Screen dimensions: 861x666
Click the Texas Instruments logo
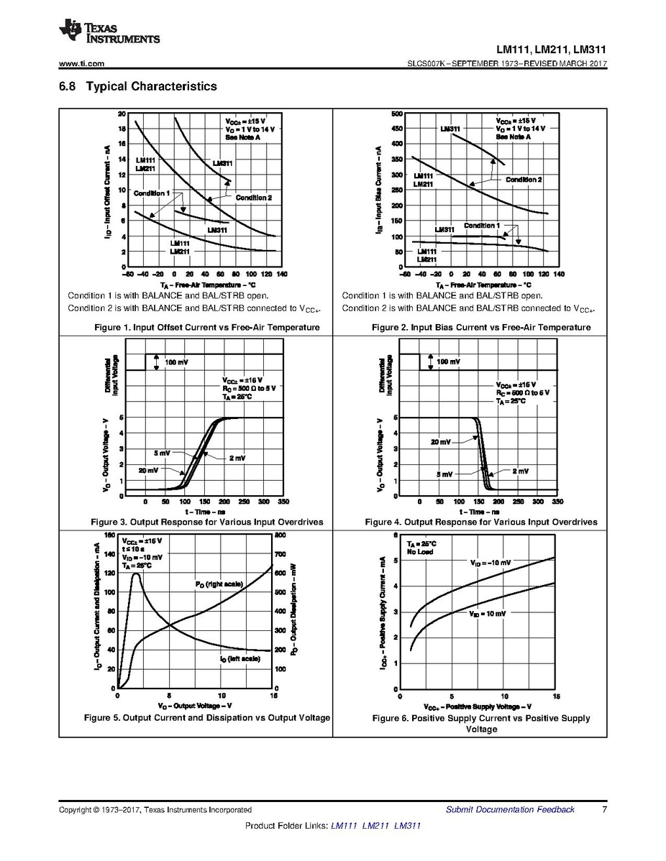109,31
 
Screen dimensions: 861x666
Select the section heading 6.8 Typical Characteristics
137,86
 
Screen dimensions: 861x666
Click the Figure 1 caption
207,328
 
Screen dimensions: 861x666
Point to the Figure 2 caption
481,328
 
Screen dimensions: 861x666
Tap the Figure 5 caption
207,717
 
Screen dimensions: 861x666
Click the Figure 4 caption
481,522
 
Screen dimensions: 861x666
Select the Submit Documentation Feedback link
510,809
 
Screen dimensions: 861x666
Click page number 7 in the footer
605,809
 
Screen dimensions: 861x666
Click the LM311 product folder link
408,826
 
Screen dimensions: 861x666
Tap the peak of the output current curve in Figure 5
134,573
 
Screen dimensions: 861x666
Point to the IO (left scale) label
240,658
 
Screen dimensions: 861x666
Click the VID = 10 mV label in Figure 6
488,614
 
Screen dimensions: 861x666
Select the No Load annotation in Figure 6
419,552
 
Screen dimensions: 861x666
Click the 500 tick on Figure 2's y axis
396,114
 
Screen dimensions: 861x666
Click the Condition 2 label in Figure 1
253,198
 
